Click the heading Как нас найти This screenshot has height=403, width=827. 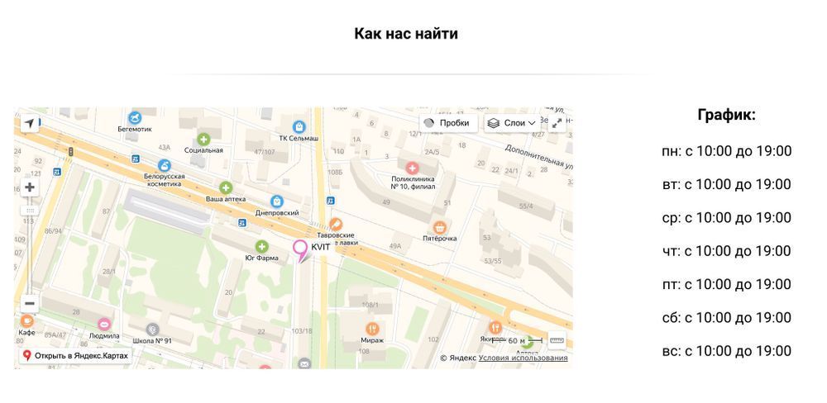pos(405,34)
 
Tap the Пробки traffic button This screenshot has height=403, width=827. pos(447,123)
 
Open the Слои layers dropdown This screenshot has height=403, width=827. pos(511,123)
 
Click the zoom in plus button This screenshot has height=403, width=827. pos(30,187)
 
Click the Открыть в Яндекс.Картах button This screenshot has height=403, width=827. pos(75,356)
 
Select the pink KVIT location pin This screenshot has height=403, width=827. pos(300,248)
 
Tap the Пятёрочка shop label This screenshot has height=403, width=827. pos(440,239)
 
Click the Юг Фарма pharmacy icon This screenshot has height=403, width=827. pos(262,246)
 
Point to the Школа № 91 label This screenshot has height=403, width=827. pos(152,340)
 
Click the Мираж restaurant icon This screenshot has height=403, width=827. pos(372,328)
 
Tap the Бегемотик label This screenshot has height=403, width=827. pos(135,129)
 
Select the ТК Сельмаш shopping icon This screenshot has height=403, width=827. pos(299,126)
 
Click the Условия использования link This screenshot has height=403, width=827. pos(523,358)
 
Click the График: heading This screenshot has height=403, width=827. pos(726,116)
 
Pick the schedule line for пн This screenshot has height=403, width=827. pos(726,151)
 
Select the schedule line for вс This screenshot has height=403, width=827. pos(726,351)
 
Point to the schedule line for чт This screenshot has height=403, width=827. pos(726,251)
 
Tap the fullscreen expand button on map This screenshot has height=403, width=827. pos(557,122)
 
